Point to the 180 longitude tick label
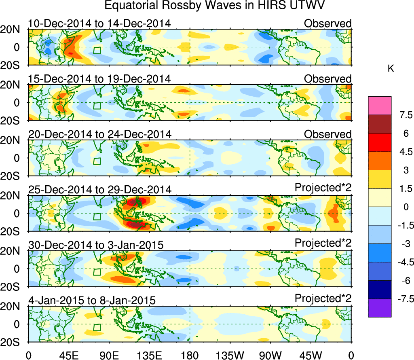(190, 355)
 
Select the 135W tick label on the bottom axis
(230, 355)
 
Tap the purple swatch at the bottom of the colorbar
(380, 308)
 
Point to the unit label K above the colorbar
(391, 69)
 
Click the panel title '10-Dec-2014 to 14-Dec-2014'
(99, 23)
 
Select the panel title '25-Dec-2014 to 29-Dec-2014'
(99, 189)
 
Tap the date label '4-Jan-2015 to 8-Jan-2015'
(92, 300)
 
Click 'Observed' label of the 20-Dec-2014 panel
(327, 134)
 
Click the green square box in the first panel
(97, 50)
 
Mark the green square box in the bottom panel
(97, 327)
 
